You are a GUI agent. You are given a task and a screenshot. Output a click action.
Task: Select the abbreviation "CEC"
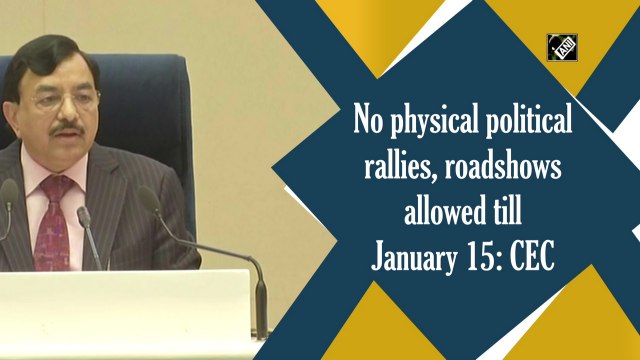[x=538, y=257]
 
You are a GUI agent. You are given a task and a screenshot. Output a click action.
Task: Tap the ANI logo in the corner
[x=563, y=48]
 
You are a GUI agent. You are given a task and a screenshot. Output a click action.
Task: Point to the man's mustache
[x=67, y=128]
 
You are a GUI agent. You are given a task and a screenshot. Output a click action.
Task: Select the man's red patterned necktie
[x=53, y=226]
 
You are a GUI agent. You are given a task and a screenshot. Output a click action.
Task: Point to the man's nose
[x=67, y=112]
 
